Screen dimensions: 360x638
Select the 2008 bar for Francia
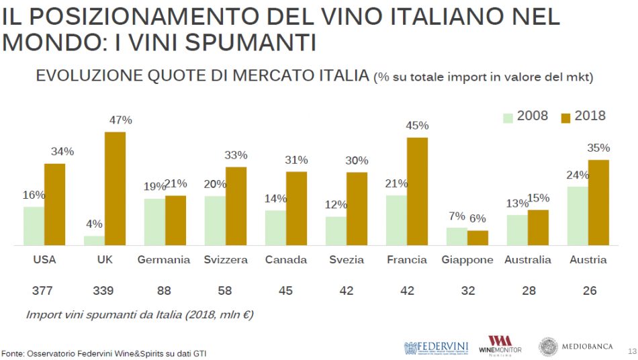(x=396, y=220)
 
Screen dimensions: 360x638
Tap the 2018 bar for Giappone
(x=477, y=238)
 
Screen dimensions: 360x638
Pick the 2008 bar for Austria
(x=578, y=216)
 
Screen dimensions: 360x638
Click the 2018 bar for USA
(x=54, y=204)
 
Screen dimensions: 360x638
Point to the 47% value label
(x=120, y=120)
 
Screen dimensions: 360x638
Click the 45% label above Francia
(x=417, y=126)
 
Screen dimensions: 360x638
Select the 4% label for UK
(x=94, y=224)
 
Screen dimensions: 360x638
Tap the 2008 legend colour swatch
(x=508, y=118)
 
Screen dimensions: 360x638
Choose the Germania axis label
(x=164, y=260)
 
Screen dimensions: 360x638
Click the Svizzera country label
(x=226, y=260)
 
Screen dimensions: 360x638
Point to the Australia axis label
(x=528, y=260)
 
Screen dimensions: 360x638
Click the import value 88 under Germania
(x=164, y=291)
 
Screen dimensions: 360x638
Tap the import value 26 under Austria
(x=588, y=291)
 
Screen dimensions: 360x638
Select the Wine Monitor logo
(x=500, y=345)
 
